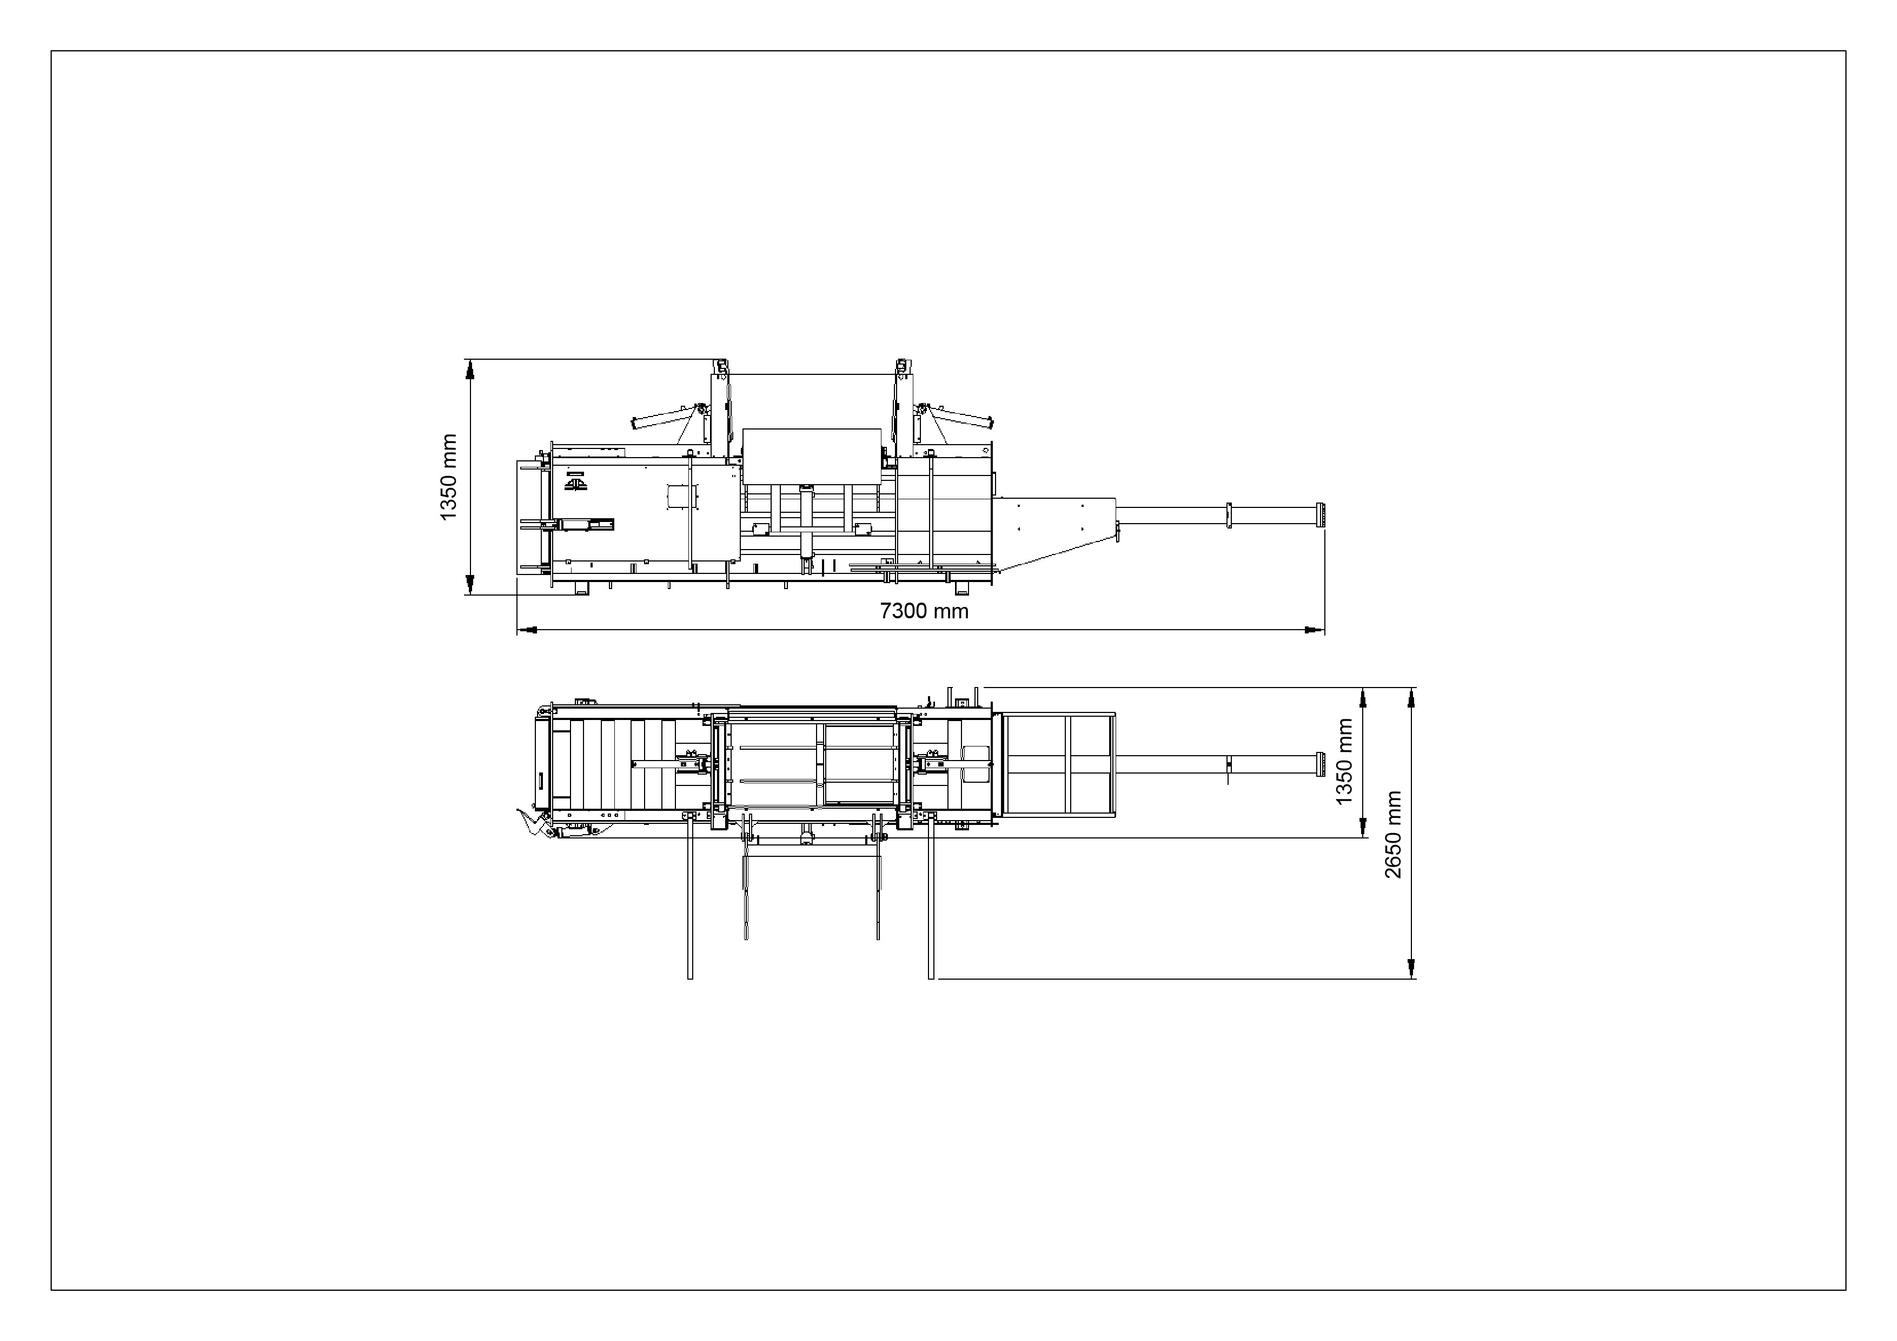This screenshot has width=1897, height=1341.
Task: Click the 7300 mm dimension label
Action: coord(924,611)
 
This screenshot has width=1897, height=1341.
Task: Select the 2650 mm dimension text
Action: coord(1393,835)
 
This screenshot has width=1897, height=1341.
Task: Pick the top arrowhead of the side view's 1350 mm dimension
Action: coord(470,369)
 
